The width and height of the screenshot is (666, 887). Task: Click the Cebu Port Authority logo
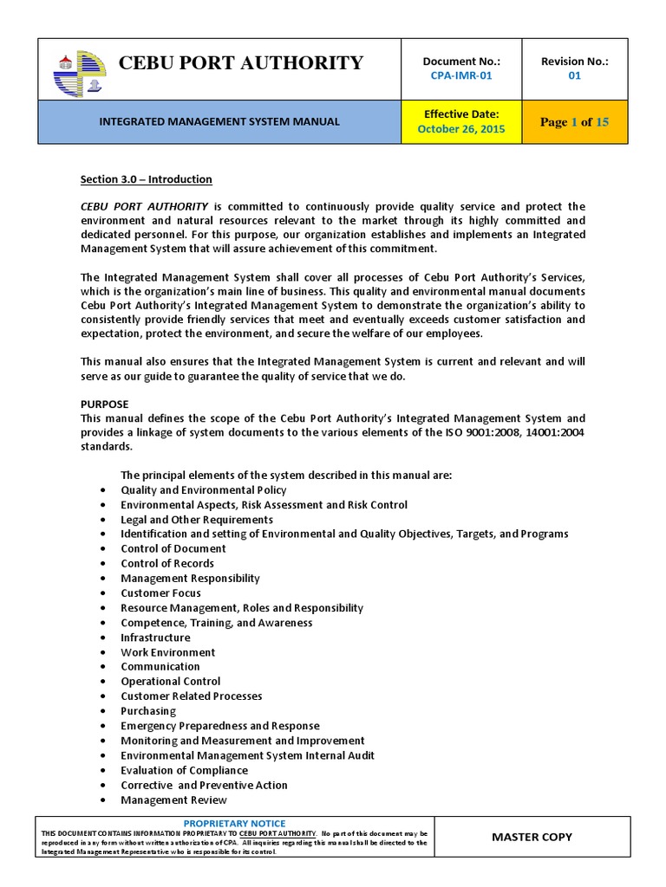77,68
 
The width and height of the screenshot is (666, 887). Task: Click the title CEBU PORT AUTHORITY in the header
240,63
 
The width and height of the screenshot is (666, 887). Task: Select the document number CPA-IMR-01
461,75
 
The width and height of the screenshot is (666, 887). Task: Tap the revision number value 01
574,75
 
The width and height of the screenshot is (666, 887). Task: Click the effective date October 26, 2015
461,129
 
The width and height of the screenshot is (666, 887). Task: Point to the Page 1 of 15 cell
574,122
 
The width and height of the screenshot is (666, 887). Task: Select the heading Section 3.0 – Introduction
146,179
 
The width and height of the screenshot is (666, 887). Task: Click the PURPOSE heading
104,405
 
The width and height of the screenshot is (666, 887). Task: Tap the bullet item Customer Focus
160,593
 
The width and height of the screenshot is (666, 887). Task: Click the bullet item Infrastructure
155,638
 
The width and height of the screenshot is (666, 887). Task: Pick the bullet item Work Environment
167,652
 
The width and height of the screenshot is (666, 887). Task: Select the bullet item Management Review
173,800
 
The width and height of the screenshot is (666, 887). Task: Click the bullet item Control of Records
167,564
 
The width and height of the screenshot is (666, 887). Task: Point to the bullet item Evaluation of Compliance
184,770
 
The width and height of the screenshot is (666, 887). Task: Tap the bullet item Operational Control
171,682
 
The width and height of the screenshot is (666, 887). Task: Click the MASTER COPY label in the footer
532,837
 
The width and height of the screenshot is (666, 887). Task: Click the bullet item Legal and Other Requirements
197,520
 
